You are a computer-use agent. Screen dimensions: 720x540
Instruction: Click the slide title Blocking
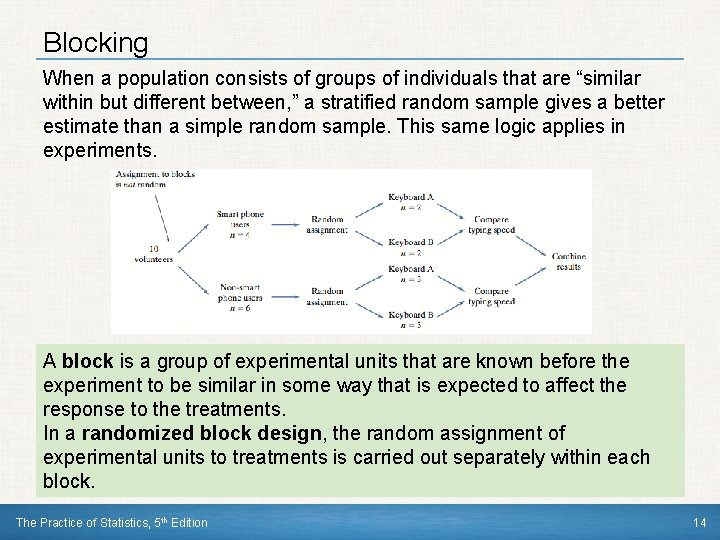[x=96, y=43]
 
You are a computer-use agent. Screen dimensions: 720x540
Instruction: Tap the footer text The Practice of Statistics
[x=111, y=522]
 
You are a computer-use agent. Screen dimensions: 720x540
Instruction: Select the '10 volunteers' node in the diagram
[x=153, y=254]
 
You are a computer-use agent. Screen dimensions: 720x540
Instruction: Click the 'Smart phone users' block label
[x=241, y=225]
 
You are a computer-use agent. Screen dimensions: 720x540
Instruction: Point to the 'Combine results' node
[x=568, y=262]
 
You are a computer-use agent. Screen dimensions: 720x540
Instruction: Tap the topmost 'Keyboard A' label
[x=410, y=202]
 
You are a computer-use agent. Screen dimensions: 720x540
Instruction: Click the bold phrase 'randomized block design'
[x=201, y=433]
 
